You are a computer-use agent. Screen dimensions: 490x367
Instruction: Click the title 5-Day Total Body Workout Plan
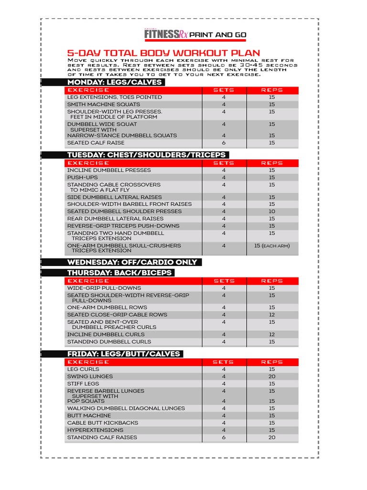point(163,53)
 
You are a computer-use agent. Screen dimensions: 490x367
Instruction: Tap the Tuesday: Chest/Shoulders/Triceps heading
point(146,155)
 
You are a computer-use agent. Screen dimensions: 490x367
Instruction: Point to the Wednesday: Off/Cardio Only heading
point(132,262)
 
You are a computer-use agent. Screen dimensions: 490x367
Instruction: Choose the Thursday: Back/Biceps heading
point(119,273)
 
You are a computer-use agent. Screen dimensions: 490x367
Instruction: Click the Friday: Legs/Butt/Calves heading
point(123,354)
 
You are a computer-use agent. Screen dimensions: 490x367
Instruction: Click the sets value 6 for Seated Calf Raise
point(224,143)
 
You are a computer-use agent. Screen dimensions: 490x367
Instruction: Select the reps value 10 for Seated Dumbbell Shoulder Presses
point(272,212)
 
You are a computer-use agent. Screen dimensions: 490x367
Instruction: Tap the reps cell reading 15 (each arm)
point(272,246)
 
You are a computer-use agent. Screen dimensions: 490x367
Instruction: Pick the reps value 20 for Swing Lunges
point(272,377)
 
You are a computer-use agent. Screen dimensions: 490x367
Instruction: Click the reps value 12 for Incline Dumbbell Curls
point(272,334)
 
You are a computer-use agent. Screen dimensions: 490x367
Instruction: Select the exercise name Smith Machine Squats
point(104,104)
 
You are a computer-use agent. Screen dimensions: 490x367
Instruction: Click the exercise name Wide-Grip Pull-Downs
point(104,288)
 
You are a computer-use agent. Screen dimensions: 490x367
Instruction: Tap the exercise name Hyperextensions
point(95,430)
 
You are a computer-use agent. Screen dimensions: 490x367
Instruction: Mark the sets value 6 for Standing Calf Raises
point(224,437)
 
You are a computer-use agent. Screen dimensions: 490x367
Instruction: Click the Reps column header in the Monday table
point(272,90)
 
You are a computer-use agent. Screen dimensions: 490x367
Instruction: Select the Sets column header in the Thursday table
point(224,281)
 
